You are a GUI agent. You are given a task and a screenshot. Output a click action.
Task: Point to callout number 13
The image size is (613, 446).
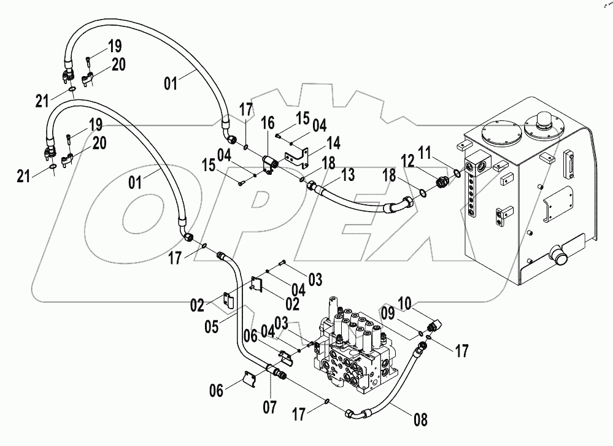pos(348,176)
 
